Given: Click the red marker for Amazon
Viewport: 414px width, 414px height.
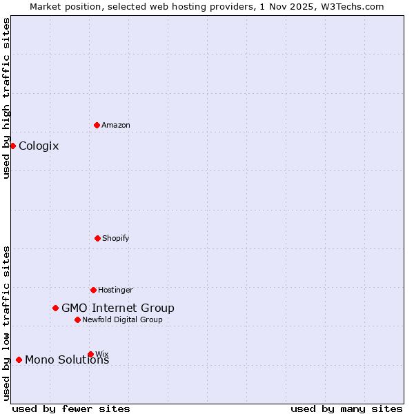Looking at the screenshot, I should (97, 125).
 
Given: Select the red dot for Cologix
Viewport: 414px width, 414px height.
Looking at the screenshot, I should (12, 146).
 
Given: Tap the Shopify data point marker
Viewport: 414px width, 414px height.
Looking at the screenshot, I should (97, 238).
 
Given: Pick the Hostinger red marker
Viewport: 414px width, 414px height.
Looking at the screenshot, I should (93, 290).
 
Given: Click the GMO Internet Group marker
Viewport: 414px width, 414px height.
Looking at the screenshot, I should (55, 308).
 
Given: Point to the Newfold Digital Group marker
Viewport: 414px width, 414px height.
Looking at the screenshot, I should (77, 319).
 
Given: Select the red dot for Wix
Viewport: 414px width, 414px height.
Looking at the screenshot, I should (90, 354).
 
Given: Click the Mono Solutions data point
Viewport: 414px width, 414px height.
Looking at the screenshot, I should (19, 359).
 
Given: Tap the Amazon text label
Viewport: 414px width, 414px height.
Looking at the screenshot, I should (116, 125).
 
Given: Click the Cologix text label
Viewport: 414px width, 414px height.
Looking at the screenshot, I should (39, 146).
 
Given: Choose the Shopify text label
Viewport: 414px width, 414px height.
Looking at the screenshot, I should (116, 238).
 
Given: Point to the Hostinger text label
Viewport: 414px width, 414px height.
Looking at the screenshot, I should (115, 290).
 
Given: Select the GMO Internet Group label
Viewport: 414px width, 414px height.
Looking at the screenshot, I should (118, 308).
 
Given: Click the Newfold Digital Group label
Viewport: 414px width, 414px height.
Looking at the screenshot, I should (122, 319).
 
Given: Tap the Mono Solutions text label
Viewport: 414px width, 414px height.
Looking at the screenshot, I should (67, 359).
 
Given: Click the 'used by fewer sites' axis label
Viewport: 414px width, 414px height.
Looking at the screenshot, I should (71, 408).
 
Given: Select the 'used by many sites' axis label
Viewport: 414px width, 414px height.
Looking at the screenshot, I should (346, 408).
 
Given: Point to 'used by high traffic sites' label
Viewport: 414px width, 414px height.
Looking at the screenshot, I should (6, 98).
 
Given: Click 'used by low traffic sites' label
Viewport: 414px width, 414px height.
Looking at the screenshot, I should (6, 323).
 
